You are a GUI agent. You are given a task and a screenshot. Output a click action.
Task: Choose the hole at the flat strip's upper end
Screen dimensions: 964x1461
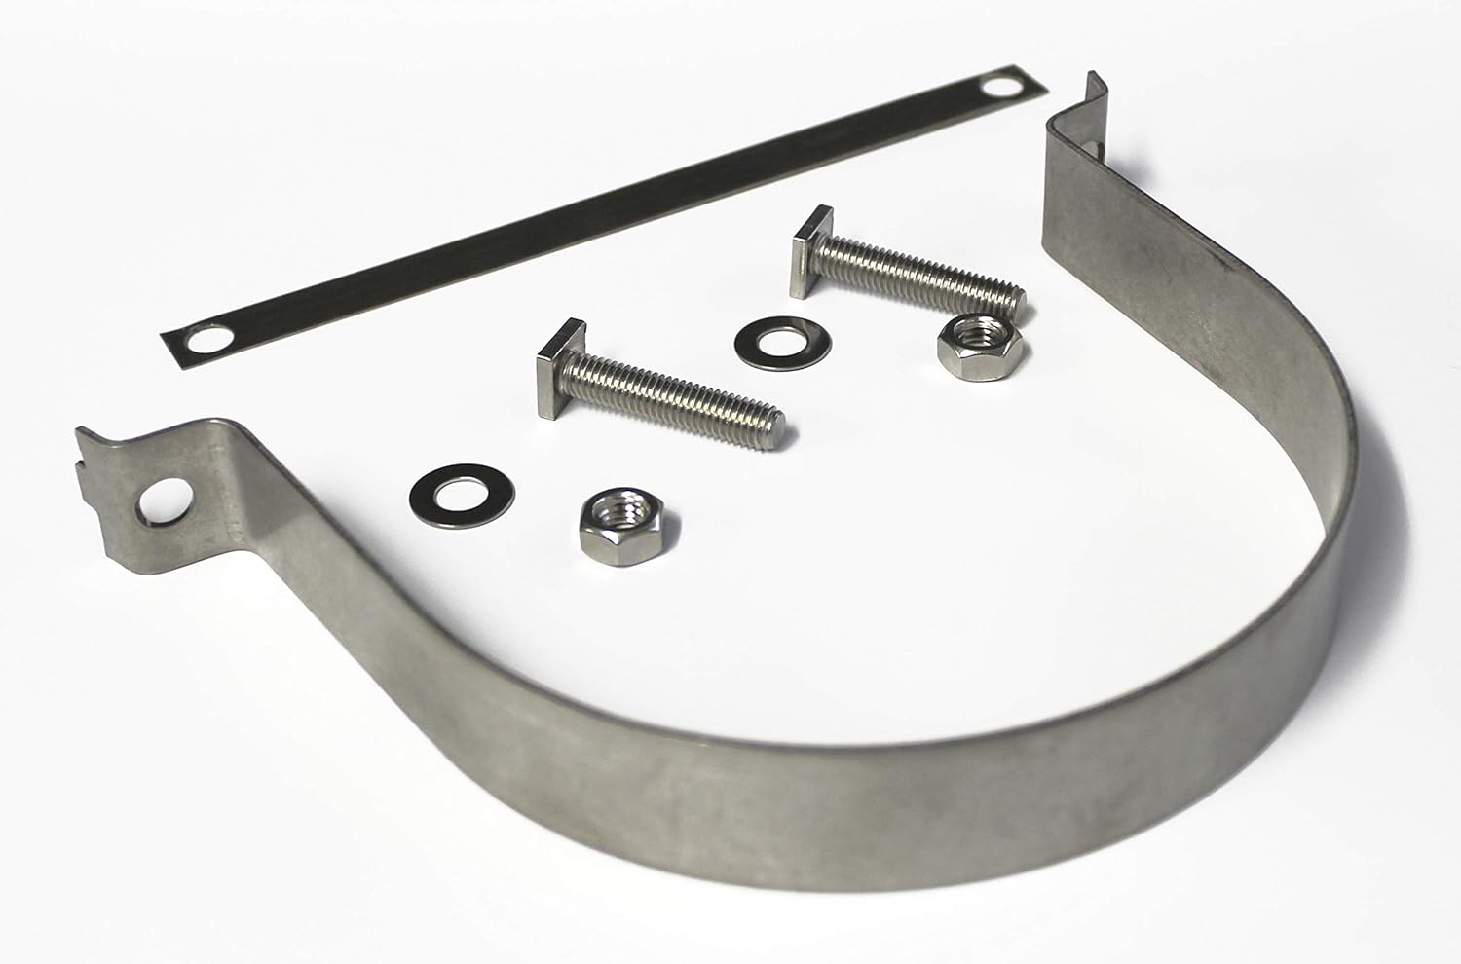click(997, 88)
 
